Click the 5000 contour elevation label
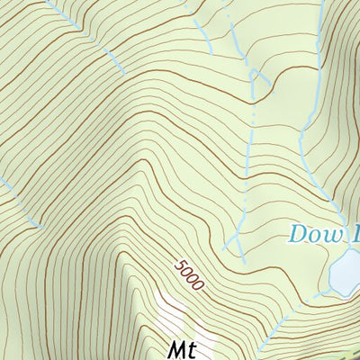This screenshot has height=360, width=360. pyautogui.click(x=190, y=275)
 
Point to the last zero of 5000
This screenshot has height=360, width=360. pyautogui.click(x=199, y=285)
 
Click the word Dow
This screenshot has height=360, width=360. pyautogui.click(x=317, y=235)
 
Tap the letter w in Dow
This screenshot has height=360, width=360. pyautogui.click(x=334, y=236)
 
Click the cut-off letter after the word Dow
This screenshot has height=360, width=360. pyautogui.click(x=355, y=235)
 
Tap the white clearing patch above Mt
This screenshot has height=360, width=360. pyautogui.click(x=173, y=315)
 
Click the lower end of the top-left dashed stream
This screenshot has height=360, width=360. pyautogui.click(x=122, y=72)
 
